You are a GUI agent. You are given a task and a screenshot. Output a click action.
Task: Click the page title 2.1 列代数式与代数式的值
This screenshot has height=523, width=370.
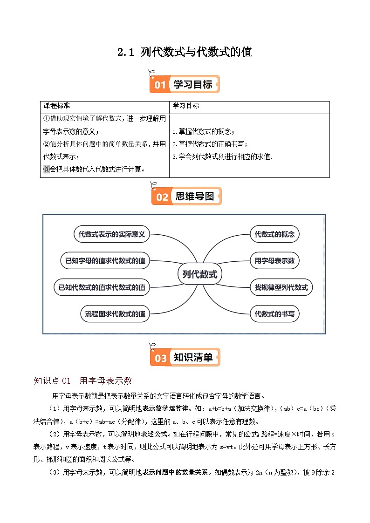[185, 52]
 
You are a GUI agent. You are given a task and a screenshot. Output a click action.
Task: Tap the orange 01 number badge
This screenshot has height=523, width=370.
[160, 85]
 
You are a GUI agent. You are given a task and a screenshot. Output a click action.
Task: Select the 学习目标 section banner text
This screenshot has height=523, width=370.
[192, 84]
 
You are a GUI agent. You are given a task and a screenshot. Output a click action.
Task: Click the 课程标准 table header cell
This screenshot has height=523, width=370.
[56, 106]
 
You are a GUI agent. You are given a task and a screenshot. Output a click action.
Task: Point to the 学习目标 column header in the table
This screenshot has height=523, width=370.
[185, 106]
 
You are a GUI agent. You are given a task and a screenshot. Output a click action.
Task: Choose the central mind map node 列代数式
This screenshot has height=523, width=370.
[200, 274]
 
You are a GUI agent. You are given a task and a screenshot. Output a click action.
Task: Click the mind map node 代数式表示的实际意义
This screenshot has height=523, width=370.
[112, 234]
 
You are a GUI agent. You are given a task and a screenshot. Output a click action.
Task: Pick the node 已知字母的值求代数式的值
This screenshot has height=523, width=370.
[105, 261]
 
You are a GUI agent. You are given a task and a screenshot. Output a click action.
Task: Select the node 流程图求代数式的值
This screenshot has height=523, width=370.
[115, 314]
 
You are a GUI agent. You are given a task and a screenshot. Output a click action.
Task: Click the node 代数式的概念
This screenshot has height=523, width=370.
[274, 234]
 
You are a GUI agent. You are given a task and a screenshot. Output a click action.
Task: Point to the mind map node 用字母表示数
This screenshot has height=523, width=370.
[274, 261]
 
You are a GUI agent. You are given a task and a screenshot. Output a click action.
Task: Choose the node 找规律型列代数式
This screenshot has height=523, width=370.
[281, 287]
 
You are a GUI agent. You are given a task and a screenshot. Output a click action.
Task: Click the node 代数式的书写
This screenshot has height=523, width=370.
[274, 314]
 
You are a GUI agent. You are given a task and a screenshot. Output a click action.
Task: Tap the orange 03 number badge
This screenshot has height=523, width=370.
[161, 358]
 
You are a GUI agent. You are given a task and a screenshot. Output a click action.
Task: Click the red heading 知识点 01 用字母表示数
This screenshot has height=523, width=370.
[83, 381]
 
